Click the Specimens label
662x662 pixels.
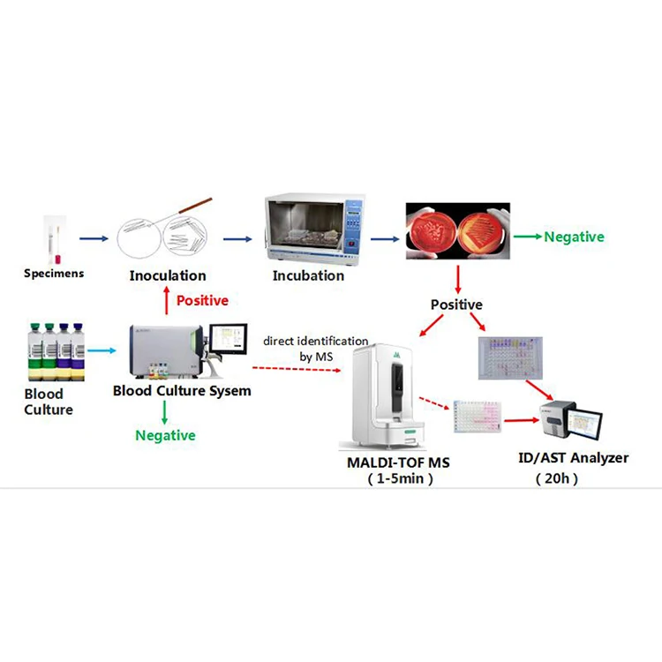pyautogui.click(x=54, y=274)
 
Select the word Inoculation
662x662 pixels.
pyautogui.click(x=168, y=275)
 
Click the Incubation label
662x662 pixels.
pyautogui.click(x=308, y=275)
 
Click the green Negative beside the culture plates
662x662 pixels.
pyautogui.click(x=574, y=237)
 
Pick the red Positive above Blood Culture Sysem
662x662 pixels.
pyautogui.click(x=202, y=300)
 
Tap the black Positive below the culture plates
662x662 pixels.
pyautogui.click(x=456, y=305)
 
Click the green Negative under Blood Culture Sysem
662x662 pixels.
pyautogui.click(x=165, y=435)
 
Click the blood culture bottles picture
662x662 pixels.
pyautogui.click(x=56, y=352)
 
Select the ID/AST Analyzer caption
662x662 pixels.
pyautogui.click(x=574, y=459)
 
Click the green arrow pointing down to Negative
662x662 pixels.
pyautogui.click(x=166, y=411)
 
